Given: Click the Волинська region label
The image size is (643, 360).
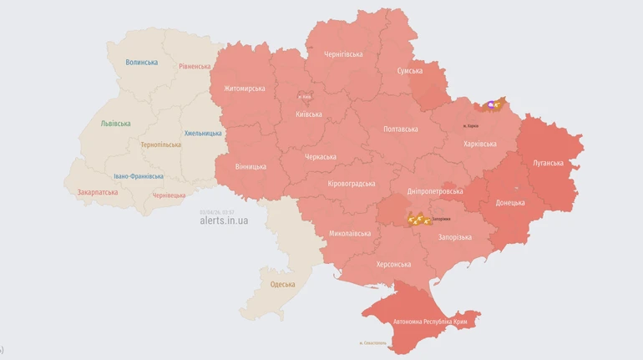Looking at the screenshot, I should pos(141,63).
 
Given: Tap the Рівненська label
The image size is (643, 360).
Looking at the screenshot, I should pos(195,66).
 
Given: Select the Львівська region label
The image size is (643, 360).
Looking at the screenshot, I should pos(115,124).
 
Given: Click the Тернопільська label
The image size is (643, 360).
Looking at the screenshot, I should pos(160,145).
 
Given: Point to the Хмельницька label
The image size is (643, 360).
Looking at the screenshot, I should pos(203,134).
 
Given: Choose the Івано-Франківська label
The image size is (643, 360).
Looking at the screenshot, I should pos(139,176).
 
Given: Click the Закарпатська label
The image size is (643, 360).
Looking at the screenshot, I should pos(97,192).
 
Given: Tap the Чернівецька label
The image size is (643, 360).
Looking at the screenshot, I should pos(169,195).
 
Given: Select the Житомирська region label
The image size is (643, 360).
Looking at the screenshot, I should pos(244,89).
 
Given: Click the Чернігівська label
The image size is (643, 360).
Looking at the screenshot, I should pos(343,54).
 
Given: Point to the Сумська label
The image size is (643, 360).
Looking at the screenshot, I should pos(409,72).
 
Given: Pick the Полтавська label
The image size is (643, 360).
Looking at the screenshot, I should pos(400,129).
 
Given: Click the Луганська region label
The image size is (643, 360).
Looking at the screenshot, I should pos(548,163).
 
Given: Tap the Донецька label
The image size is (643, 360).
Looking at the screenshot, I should pos(510,203).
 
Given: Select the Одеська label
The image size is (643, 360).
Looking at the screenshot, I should pos(282,285).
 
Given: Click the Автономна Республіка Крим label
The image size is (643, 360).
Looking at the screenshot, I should pos(430,322).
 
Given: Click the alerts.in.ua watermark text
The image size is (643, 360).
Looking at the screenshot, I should pos(224,221).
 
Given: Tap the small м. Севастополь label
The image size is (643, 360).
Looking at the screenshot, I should pos(372,342).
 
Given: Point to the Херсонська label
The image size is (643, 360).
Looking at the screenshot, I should pos(393,265).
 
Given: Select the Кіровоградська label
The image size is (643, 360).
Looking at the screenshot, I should pos(352,184).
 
